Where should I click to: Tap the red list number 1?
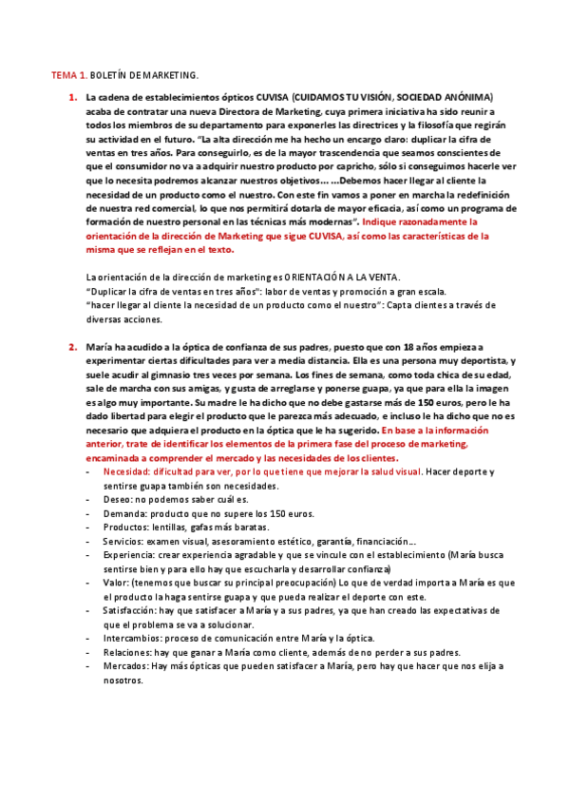coord(72,97)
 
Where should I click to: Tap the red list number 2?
coord(72,347)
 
